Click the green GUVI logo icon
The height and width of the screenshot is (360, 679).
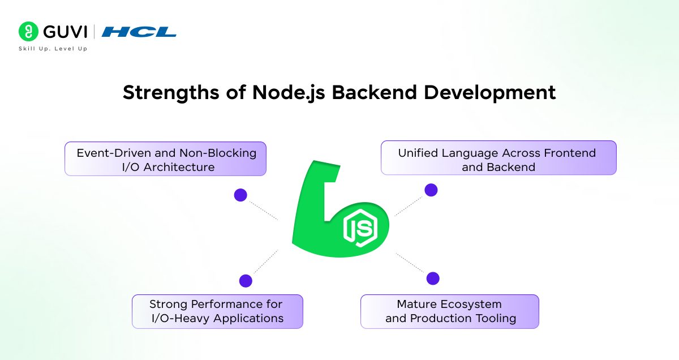pyautogui.click(x=28, y=31)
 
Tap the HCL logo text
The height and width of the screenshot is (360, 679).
pyautogui.click(x=139, y=32)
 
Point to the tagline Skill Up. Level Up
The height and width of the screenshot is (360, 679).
pyautogui.click(x=53, y=49)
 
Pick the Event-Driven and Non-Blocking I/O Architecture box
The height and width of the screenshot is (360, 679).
pyautogui.click(x=165, y=159)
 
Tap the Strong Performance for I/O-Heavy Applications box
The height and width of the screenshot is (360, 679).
pyautogui.click(x=217, y=311)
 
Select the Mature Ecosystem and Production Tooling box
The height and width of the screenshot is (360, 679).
pyautogui.click(x=449, y=311)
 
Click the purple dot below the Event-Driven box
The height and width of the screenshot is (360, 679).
pyautogui.click(x=240, y=195)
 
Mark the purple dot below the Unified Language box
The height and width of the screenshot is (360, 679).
pyautogui.click(x=431, y=190)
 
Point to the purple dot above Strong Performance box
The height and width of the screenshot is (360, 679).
pyautogui.click(x=246, y=281)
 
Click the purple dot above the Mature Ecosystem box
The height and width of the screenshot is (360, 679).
pyautogui.click(x=433, y=278)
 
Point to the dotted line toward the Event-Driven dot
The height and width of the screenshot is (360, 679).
pyautogui.click(x=263, y=209)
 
